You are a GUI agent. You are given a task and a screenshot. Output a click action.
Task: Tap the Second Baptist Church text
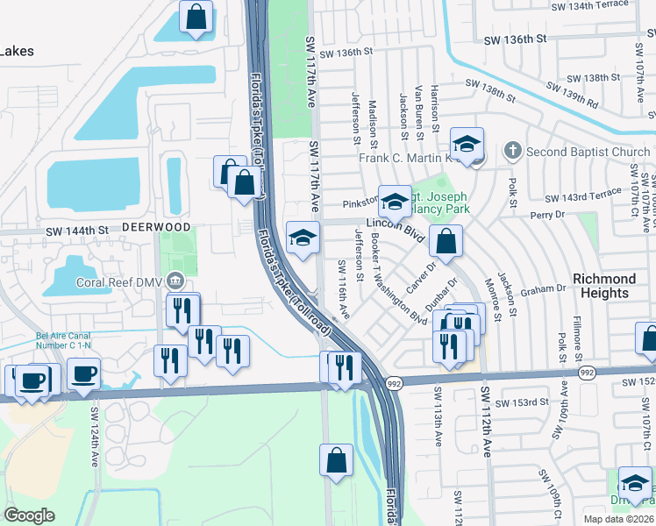[588, 152]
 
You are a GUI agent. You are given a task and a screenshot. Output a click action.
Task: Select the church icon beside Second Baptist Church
[515, 152]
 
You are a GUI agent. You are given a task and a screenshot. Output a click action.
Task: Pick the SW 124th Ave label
[94, 429]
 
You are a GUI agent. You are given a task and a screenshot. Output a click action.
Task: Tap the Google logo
[30, 515]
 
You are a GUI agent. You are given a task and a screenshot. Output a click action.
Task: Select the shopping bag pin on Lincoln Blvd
[446, 239]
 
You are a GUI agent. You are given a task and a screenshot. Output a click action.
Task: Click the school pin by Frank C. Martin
[467, 143]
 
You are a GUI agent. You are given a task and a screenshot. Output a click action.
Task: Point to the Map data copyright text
[618, 518]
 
